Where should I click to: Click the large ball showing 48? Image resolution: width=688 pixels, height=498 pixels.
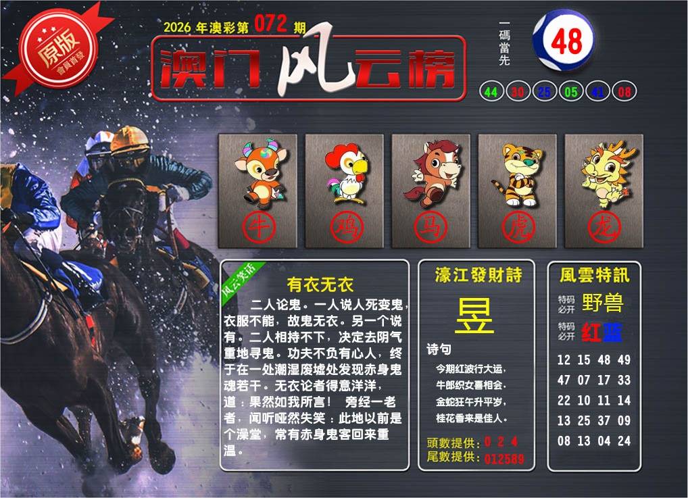564,41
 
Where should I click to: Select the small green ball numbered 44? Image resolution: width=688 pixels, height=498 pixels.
491,92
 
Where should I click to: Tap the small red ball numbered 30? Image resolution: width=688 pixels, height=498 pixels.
518,92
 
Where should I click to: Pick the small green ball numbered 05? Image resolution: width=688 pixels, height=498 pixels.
571,92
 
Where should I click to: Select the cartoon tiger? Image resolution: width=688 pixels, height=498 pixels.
518,174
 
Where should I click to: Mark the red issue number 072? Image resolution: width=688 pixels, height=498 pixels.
271,24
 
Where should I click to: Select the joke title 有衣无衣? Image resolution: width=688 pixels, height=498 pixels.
320,284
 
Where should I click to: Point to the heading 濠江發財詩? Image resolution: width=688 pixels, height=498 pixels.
478,275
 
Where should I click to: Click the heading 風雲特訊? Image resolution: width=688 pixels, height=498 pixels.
595,275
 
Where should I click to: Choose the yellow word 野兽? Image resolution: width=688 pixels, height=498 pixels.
602,302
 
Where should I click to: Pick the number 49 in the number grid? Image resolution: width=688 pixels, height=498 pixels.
624,359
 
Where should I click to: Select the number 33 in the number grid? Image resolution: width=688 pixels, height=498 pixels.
624,380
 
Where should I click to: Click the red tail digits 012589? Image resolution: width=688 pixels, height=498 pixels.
504,459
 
